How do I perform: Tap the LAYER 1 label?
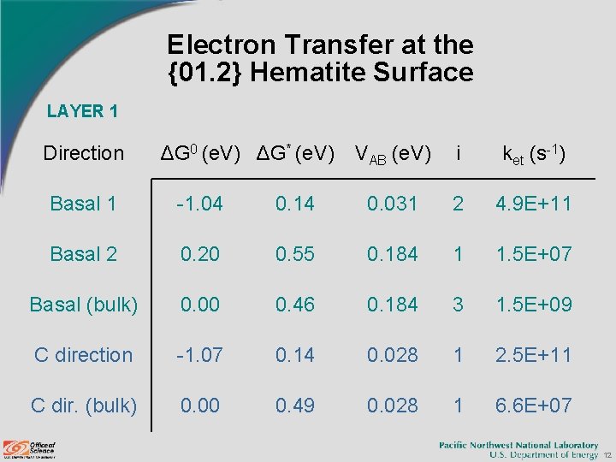pos(82,110)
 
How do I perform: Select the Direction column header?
pos(84,153)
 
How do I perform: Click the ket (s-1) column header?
pos(533,153)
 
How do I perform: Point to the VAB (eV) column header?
pos(392,153)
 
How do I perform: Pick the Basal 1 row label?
pos(84,204)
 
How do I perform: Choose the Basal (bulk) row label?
pos(84,305)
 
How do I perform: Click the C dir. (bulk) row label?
pos(84,406)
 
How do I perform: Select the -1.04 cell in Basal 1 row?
pos(200,204)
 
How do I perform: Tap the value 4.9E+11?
pos(533,204)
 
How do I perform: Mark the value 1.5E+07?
pos(533,254)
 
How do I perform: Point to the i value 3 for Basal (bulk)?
pos(459,305)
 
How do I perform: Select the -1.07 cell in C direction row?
pos(200,355)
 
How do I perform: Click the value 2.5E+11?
pos(533,355)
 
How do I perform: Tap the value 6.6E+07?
pos(533,406)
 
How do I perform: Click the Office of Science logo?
pos(31,448)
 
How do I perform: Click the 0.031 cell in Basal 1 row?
pos(392,204)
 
